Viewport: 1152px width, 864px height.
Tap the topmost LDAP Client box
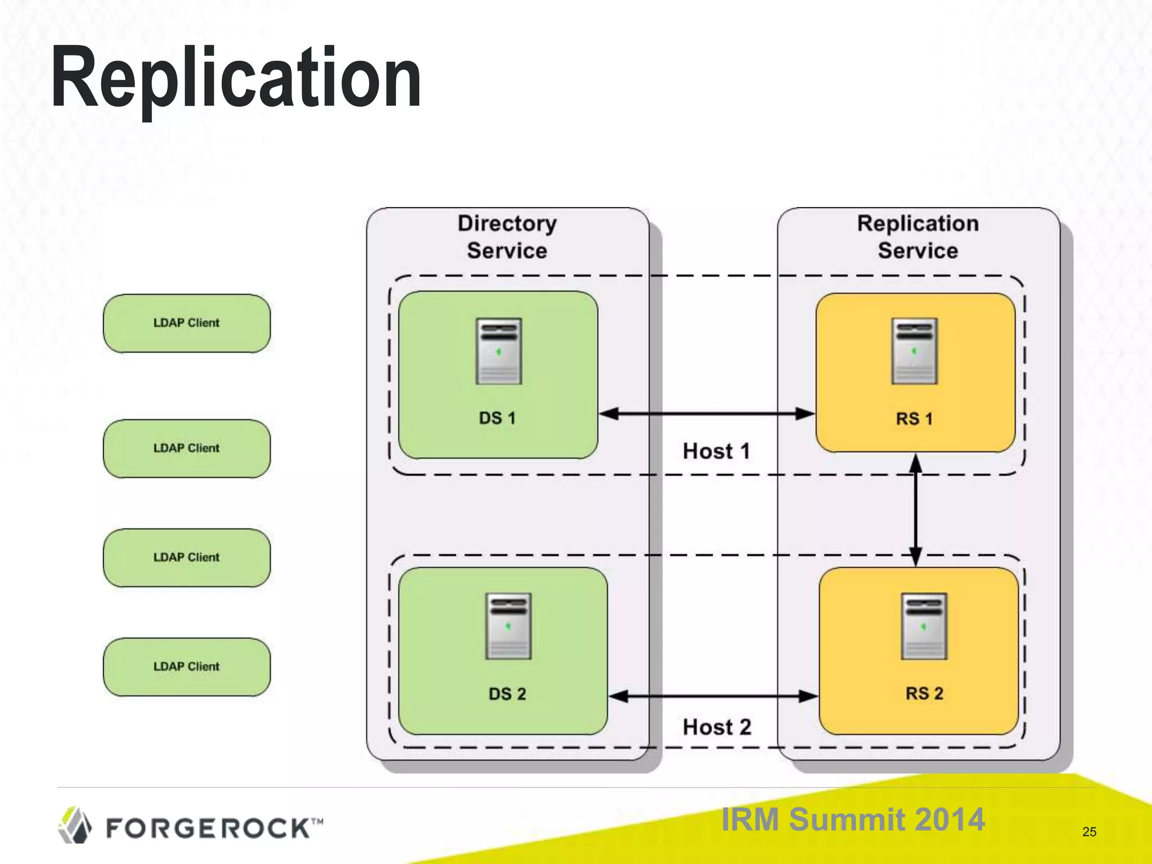pos(187,323)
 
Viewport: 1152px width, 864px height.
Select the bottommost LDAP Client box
pos(187,667)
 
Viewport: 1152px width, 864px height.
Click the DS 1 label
pos(497,418)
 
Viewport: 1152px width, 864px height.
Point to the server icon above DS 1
pos(498,351)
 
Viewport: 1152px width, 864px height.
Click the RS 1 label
pos(914,418)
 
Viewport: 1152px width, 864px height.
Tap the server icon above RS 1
pos(914,351)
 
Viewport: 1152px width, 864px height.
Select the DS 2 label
pos(507,694)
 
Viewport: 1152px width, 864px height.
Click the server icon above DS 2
pos(508,626)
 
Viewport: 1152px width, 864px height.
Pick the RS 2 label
pos(924,693)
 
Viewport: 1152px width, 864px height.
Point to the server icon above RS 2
pos(924,626)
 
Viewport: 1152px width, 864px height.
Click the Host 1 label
pos(716,451)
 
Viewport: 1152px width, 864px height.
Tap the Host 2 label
pos(717,727)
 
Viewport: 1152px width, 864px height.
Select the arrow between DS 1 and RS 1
pos(706,414)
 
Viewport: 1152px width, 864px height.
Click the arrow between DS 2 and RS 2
pos(713,696)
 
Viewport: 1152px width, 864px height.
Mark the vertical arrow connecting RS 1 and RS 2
pos(916,510)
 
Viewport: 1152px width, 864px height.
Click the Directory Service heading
pos(507,237)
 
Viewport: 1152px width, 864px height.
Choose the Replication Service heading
pos(917,237)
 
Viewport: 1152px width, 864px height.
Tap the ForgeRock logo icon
pos(75,825)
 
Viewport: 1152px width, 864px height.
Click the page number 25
pos(1089,832)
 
